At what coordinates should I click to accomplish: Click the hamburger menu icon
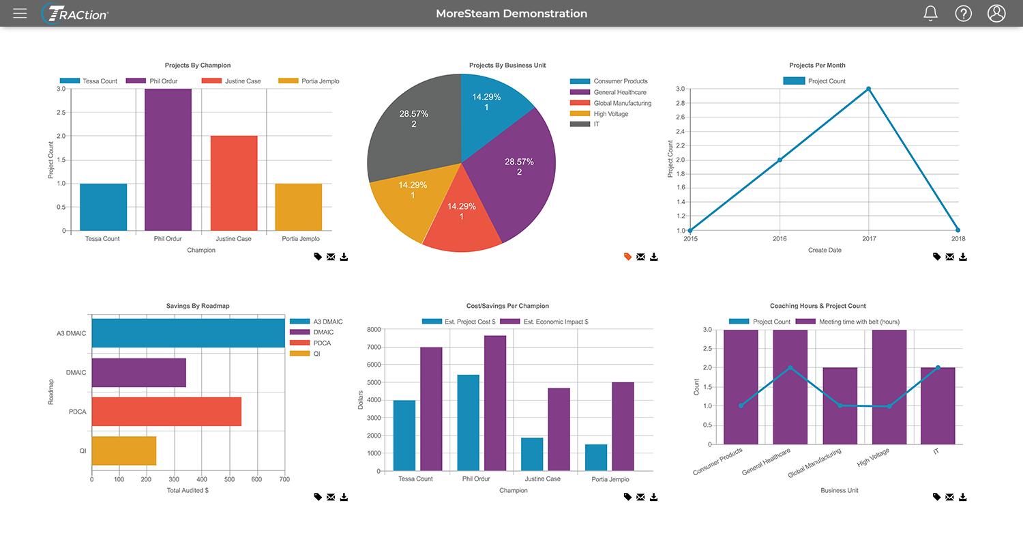(x=20, y=14)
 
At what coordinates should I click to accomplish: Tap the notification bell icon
(x=930, y=14)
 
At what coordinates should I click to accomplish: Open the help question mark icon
(x=963, y=14)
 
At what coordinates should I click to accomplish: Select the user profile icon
(x=996, y=14)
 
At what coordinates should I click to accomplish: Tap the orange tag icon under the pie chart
(x=627, y=257)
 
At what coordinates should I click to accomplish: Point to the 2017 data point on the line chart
(x=868, y=89)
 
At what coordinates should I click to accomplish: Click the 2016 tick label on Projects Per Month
(x=780, y=239)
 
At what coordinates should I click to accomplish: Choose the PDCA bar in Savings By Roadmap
(x=166, y=412)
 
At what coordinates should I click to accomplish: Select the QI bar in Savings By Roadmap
(x=124, y=451)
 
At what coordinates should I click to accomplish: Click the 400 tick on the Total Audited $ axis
(x=202, y=479)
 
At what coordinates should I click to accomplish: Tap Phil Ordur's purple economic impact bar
(x=495, y=403)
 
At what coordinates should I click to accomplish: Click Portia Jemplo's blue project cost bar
(x=596, y=457)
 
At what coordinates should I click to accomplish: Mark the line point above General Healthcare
(x=790, y=367)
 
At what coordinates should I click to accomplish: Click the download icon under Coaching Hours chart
(x=963, y=497)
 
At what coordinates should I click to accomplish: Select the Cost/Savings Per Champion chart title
(x=503, y=306)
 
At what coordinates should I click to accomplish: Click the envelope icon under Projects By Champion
(x=331, y=257)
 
